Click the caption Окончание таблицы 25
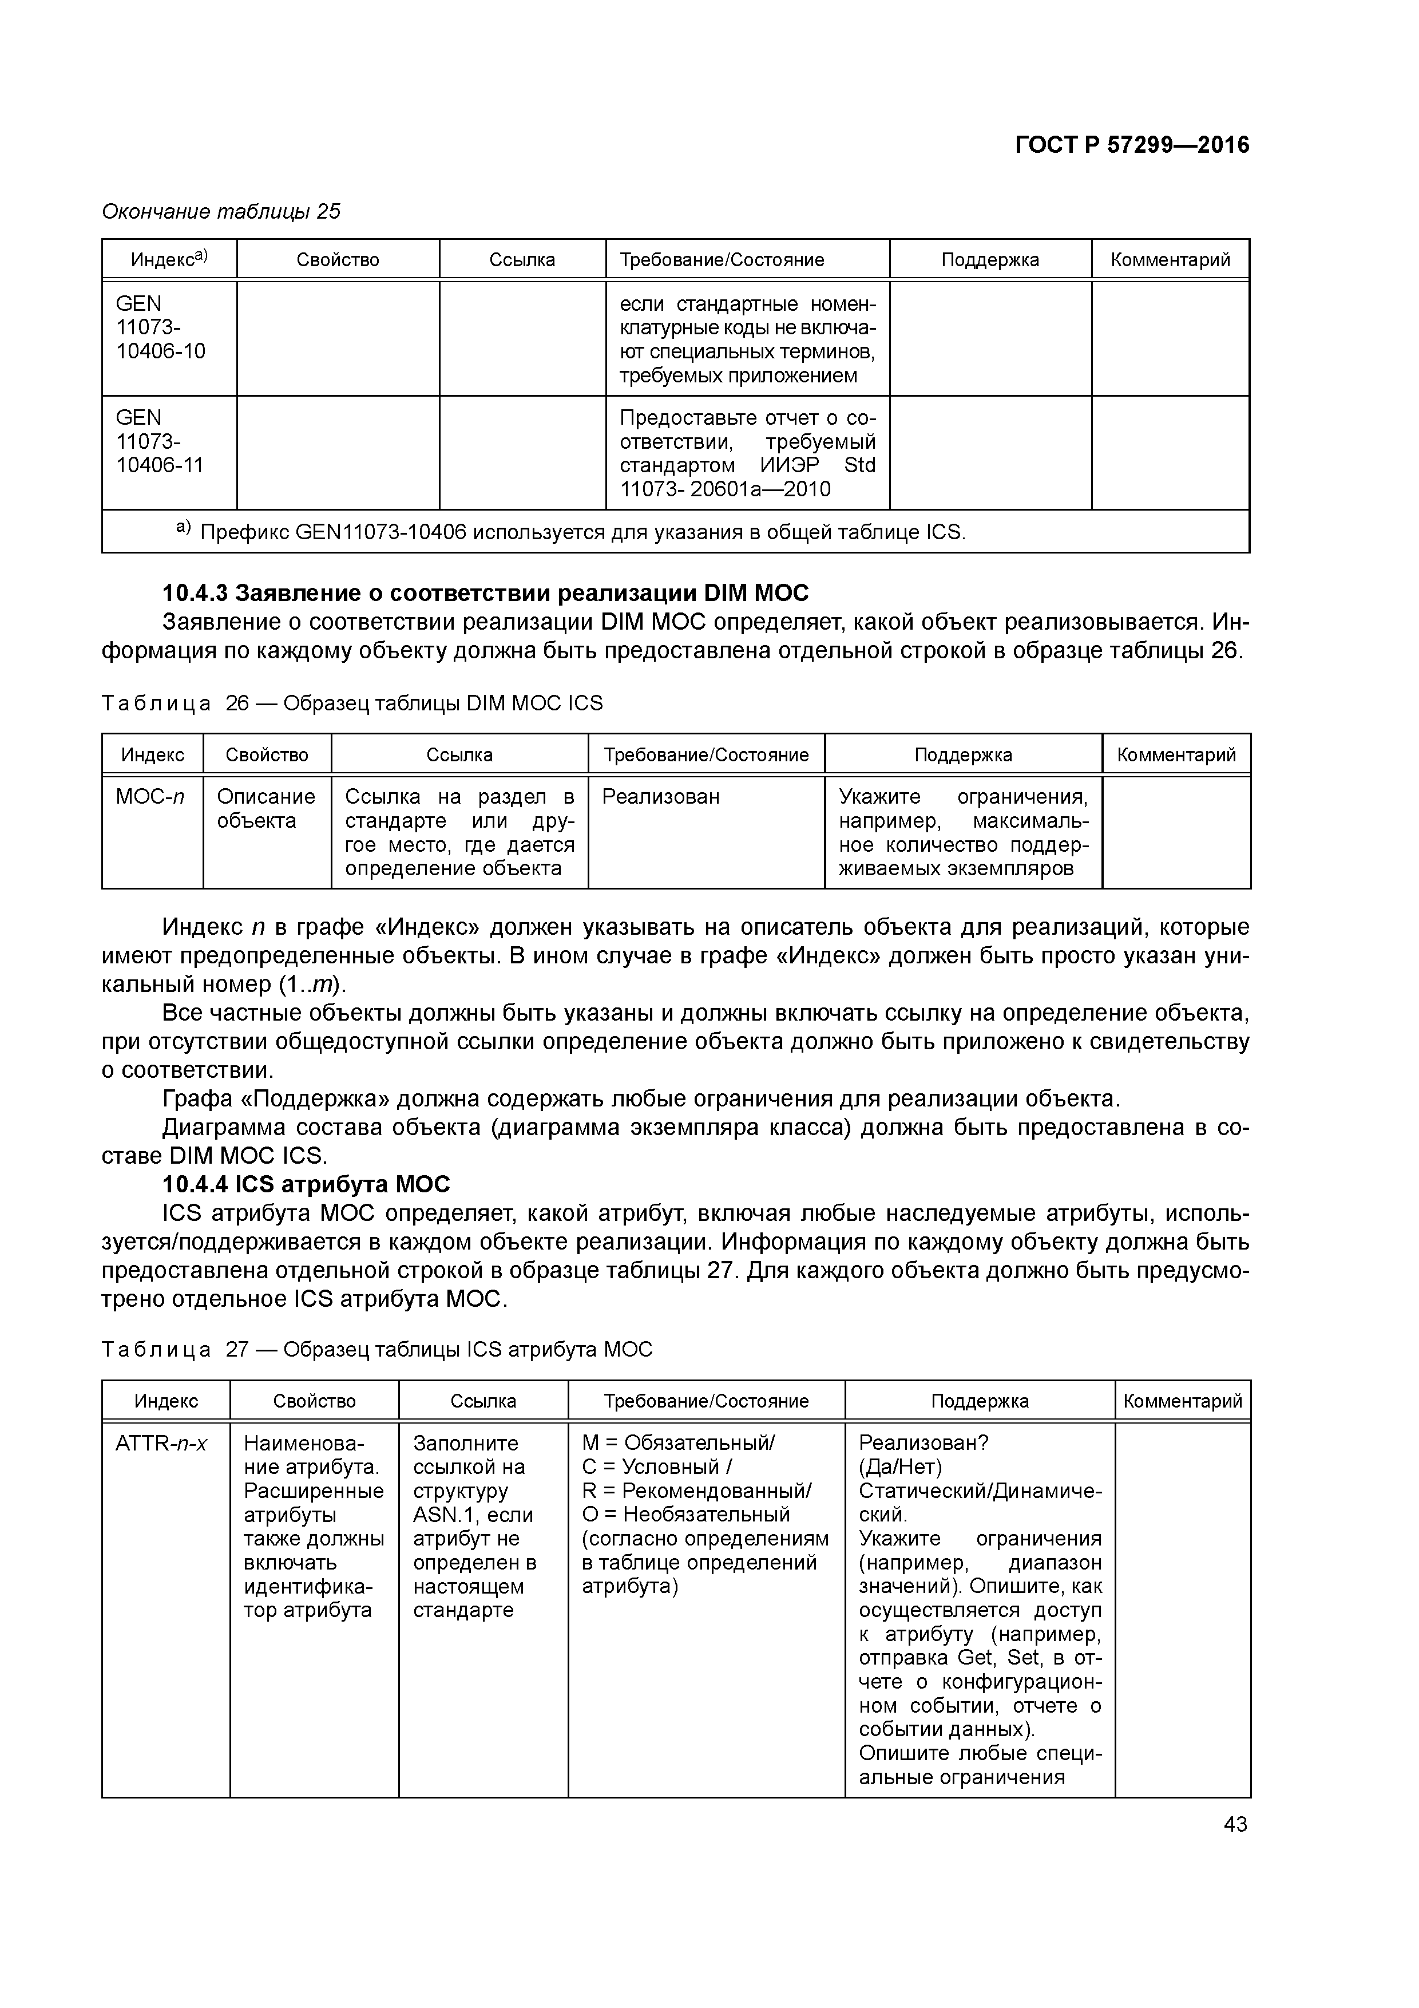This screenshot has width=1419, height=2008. point(221,212)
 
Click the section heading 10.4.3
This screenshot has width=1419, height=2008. point(485,593)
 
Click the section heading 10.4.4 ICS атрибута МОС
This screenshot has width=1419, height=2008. point(306,1184)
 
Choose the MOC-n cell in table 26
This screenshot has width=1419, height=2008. point(150,797)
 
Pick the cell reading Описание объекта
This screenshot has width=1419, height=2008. point(266,809)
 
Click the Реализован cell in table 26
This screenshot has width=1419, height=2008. point(661,797)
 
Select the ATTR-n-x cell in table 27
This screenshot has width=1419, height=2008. point(161,1443)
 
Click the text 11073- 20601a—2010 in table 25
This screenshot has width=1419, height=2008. point(725,489)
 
